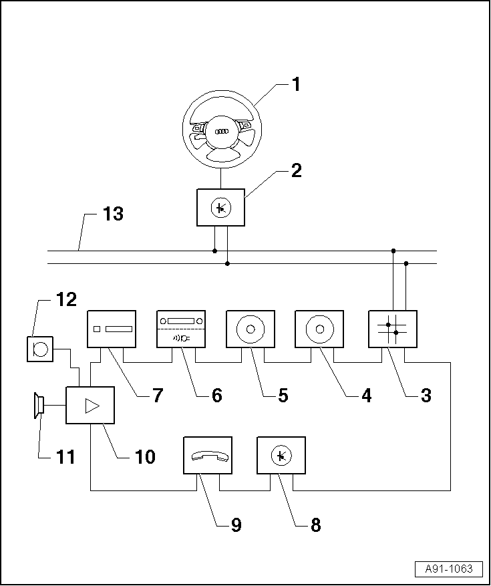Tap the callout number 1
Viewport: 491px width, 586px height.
[295, 85]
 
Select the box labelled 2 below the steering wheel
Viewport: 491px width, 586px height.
[220, 208]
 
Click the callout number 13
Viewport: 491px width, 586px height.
[113, 215]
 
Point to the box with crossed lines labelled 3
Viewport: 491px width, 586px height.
[392, 329]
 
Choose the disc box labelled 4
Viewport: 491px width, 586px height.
[319, 329]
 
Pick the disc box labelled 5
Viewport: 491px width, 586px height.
[251, 329]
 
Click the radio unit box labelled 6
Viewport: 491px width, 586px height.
[180, 329]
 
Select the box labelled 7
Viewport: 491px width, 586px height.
[112, 329]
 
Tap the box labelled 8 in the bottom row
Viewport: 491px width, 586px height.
[281, 456]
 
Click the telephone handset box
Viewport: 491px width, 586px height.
[208, 456]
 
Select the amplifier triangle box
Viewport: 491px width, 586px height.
[90, 405]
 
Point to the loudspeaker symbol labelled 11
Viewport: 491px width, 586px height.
[39, 405]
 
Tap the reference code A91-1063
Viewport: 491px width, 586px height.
[448, 569]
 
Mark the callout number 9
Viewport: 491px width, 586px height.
[235, 525]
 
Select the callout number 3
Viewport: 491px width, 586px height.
[425, 395]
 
